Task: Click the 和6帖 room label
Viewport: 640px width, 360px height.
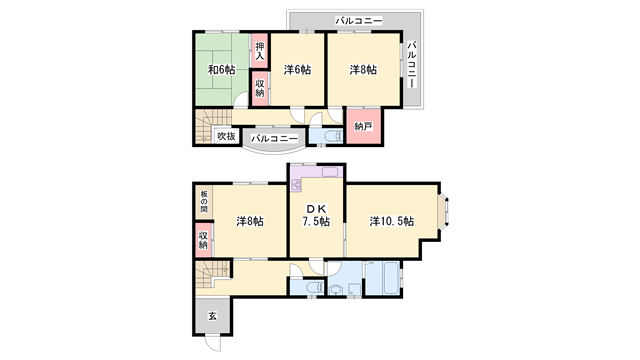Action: (x=222, y=70)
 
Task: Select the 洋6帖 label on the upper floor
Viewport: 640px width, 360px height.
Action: (x=297, y=70)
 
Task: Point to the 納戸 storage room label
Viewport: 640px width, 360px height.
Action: (x=363, y=126)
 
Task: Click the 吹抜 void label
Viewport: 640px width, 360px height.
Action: (x=226, y=136)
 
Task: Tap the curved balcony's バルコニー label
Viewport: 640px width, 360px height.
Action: (x=274, y=139)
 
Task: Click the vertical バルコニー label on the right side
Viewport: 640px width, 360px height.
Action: (x=412, y=64)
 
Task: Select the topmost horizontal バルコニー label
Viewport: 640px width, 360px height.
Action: (x=359, y=20)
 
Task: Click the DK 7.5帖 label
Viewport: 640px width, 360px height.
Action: (x=316, y=216)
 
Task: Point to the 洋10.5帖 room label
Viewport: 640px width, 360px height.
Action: (x=392, y=221)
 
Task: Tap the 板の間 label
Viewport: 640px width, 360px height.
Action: (x=204, y=202)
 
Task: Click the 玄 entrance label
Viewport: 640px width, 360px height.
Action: (x=213, y=316)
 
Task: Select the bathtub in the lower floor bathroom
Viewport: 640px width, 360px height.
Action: (x=383, y=278)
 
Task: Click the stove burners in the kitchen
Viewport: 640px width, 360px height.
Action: (x=296, y=185)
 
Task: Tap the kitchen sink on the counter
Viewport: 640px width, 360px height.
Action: (x=330, y=172)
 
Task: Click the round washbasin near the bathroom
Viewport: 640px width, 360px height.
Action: (x=336, y=290)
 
